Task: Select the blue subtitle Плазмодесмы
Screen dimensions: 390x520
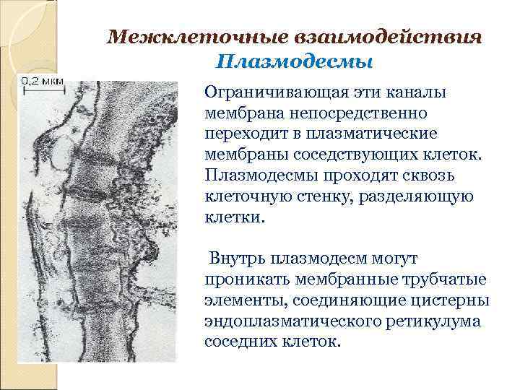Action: (294, 62)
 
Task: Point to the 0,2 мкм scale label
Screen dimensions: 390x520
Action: (41, 81)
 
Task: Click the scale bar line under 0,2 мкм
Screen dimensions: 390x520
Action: (42, 89)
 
